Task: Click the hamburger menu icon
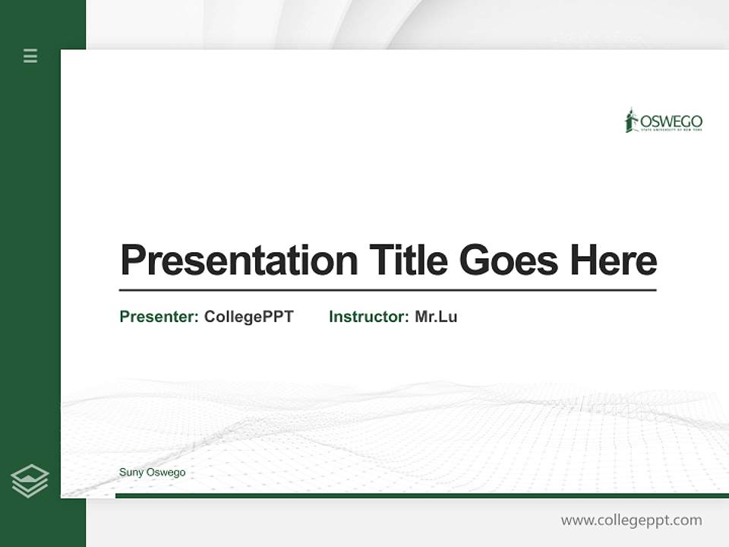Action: click(x=30, y=55)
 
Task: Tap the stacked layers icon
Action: click(x=30, y=481)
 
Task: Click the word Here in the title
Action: click(x=614, y=261)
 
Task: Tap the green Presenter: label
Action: click(x=159, y=317)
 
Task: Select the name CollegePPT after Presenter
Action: click(x=249, y=317)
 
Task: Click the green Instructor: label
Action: click(x=369, y=317)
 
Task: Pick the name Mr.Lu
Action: click(x=436, y=317)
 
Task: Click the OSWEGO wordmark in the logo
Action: click(x=671, y=122)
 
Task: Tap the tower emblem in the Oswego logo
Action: click(x=630, y=120)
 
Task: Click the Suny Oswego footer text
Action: click(x=152, y=473)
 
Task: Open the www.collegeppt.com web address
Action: click(x=631, y=520)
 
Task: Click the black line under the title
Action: click(x=387, y=289)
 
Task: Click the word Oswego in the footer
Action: click(x=166, y=473)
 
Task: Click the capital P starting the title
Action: click(x=132, y=261)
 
